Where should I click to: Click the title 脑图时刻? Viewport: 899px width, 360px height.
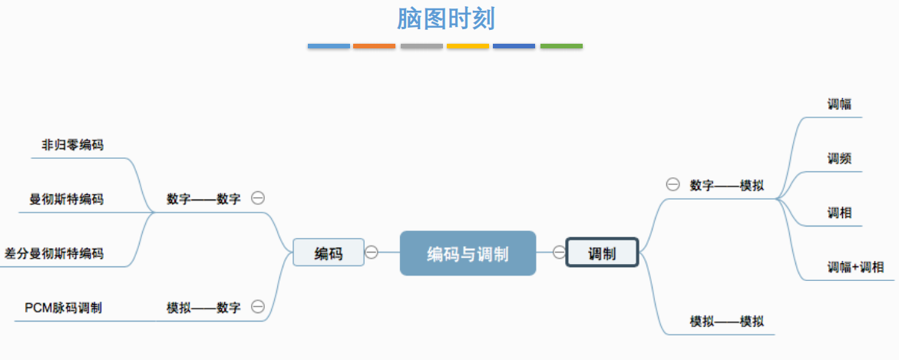pos(445,18)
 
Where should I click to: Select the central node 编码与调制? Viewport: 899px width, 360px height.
pos(467,253)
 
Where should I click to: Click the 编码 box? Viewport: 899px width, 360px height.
pos(328,253)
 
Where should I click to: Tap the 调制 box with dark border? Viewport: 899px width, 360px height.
pos(602,253)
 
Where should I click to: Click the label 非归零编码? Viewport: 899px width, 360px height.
pos(72,144)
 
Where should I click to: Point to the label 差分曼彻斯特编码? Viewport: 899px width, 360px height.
pos(54,253)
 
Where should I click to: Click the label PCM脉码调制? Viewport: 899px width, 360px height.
pos(63,308)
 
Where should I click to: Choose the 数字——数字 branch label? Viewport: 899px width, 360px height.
pos(203,199)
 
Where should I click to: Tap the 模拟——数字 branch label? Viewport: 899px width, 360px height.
pos(203,308)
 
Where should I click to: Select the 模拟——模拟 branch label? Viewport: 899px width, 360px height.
pos(726,322)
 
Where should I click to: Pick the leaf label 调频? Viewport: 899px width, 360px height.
pos(839,159)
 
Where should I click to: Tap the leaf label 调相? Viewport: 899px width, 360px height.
pos(839,213)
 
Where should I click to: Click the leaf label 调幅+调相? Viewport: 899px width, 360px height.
pos(855,267)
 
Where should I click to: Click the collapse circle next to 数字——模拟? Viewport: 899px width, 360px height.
pos(673,184)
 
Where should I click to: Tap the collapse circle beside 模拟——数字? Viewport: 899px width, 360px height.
pos(258,307)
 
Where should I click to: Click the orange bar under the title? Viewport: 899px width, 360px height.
pos(374,47)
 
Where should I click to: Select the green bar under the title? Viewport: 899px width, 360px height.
pos(561,47)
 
